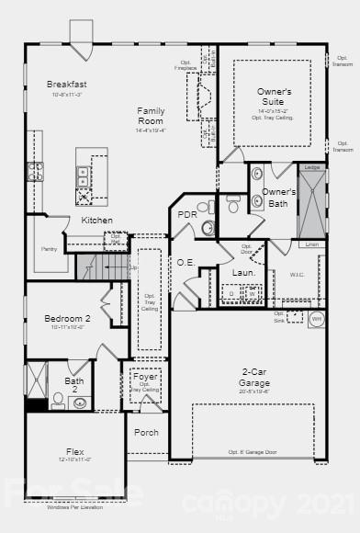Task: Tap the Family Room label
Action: click(151, 116)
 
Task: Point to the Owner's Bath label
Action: click(278, 198)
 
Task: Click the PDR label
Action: click(187, 214)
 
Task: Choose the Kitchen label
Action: click(96, 221)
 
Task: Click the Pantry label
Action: click(50, 249)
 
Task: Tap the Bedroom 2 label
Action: click(67, 319)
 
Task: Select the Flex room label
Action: click(76, 452)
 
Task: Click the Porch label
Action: click(146, 432)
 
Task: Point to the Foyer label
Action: click(145, 378)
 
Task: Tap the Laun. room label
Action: click(243, 273)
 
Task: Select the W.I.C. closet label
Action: click(297, 273)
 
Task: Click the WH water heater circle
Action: click(317, 319)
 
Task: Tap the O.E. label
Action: click(185, 262)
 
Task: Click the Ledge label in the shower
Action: click(312, 167)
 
